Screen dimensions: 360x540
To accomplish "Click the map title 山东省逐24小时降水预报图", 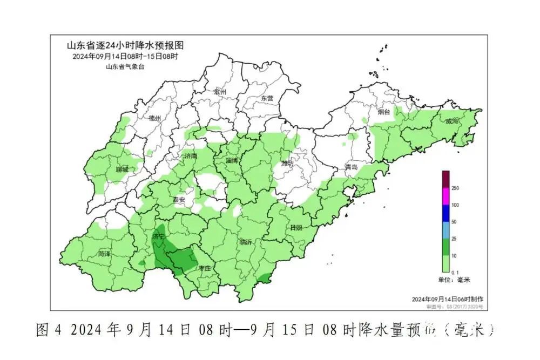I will [117, 45].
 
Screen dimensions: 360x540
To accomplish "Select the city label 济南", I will [191, 156].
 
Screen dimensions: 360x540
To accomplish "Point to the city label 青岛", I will [352, 167].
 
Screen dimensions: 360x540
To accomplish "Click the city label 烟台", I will [383, 112].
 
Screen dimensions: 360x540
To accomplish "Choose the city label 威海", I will [452, 121].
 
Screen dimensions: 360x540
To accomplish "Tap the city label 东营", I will [267, 99].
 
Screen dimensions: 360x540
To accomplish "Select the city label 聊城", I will [122, 169].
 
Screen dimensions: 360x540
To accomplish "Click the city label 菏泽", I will [105, 253].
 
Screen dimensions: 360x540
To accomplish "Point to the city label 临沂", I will [245, 242].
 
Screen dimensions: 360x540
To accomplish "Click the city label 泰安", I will [179, 200].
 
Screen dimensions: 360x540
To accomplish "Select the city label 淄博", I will [232, 161].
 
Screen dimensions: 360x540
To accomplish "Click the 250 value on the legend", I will [455, 188].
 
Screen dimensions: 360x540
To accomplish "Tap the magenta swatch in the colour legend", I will [446, 196].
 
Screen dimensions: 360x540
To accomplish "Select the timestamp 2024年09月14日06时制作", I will [448, 299].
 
